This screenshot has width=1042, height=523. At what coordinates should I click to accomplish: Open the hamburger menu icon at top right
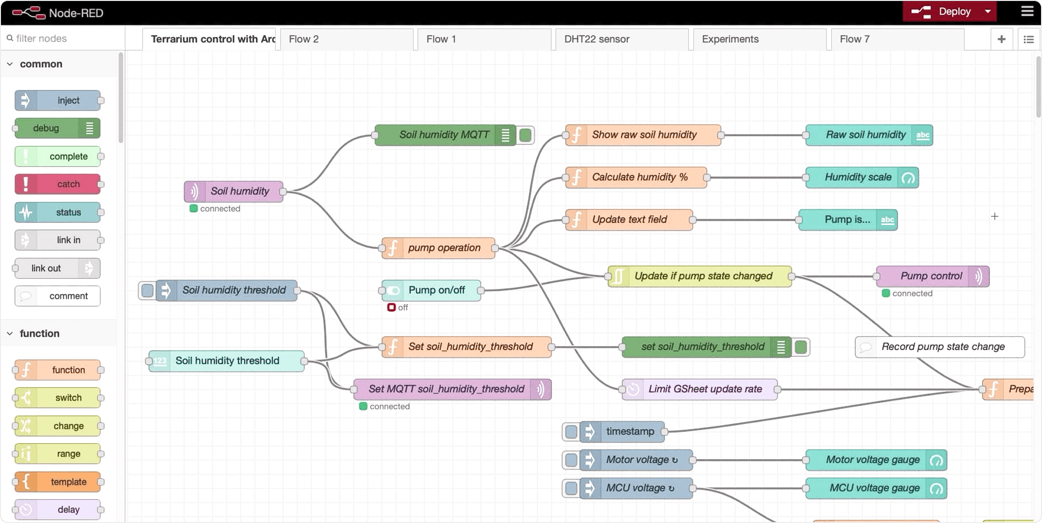(1027, 12)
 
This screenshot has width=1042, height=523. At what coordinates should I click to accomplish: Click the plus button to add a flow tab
(1001, 39)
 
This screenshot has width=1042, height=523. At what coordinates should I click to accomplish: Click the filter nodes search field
(63, 38)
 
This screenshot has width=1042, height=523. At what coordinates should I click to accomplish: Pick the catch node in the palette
(58, 184)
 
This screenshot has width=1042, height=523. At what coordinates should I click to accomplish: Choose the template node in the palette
(58, 482)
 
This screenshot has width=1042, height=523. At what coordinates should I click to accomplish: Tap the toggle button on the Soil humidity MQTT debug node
(525, 135)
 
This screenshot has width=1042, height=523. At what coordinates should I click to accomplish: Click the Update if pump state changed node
(699, 276)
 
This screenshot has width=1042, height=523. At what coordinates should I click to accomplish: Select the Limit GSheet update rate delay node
(699, 389)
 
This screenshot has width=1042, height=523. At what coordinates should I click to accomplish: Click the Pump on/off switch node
(431, 290)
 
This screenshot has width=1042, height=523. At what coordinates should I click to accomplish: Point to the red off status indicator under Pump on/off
(391, 307)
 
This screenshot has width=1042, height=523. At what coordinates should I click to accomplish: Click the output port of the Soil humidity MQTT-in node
(283, 192)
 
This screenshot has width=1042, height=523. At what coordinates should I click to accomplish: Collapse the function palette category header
(40, 333)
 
